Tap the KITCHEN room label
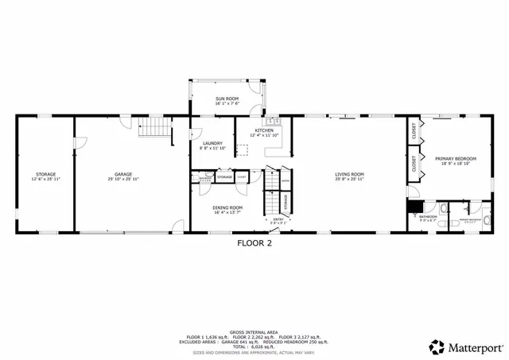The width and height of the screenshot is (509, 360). coord(264,132)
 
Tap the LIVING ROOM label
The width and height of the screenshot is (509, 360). coord(349,176)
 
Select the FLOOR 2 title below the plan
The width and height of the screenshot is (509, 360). coord(254,244)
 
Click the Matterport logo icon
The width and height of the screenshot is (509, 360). coord(437,346)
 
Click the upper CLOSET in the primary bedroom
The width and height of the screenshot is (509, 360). coord(414,132)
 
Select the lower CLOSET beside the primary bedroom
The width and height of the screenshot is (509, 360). coord(414,165)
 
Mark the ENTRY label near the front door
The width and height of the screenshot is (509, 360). coord(278,220)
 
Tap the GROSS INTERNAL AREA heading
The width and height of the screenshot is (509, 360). coord(254,332)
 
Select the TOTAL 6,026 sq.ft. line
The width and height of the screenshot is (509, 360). coord(254,346)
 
